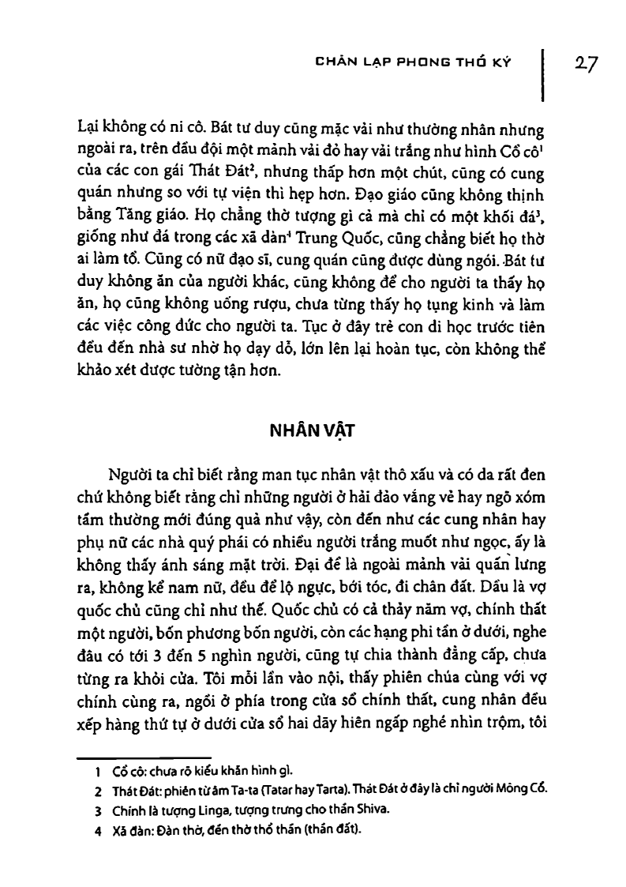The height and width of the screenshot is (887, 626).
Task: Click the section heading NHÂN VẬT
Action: click(x=313, y=431)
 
